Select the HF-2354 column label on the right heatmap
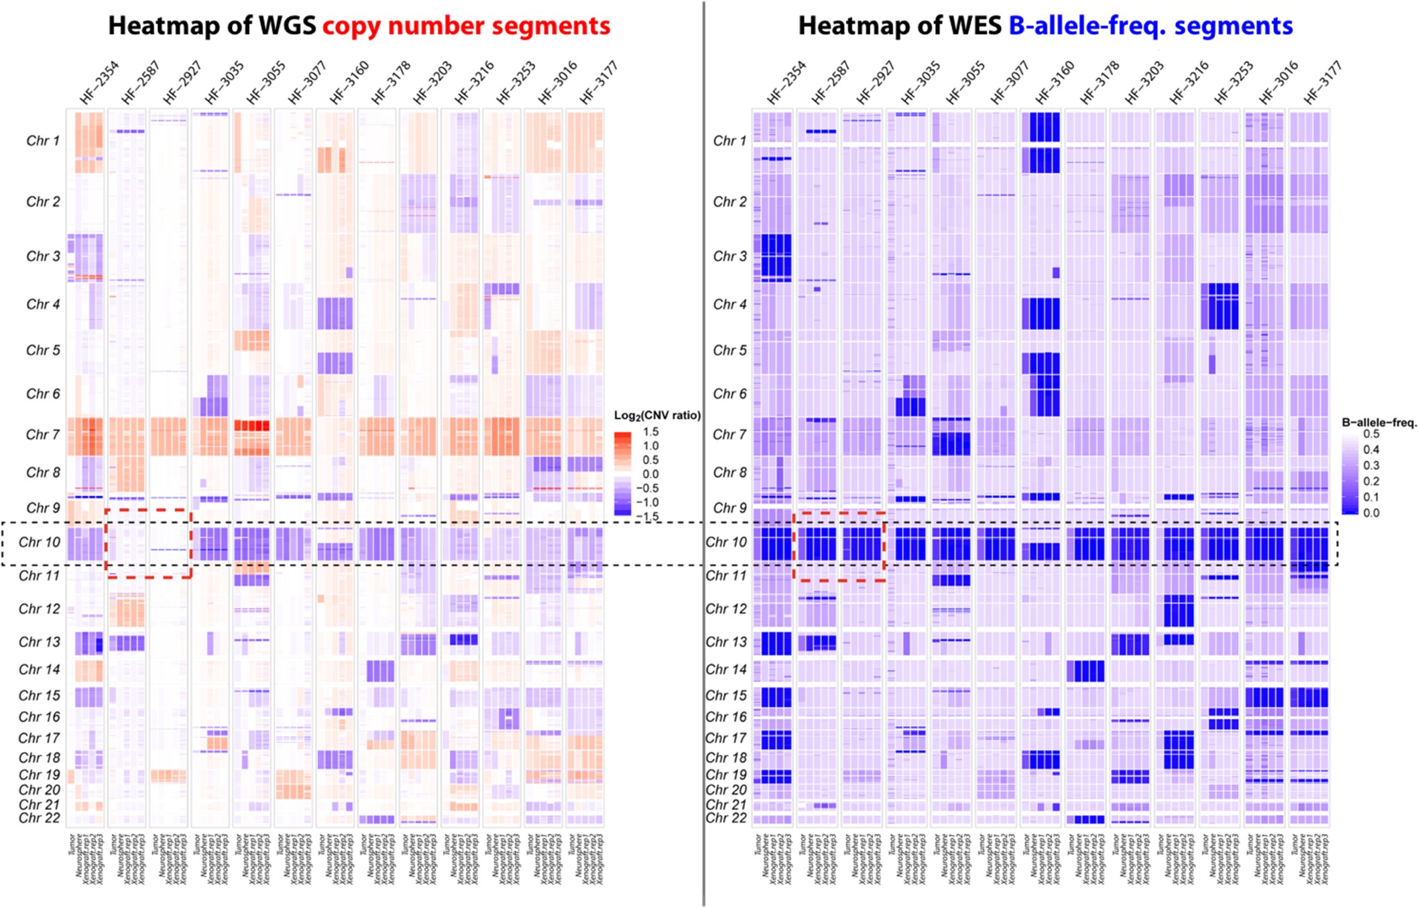click(785, 83)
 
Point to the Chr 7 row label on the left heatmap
click(43, 435)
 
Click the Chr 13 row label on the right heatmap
click(725, 642)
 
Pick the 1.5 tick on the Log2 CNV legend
click(650, 432)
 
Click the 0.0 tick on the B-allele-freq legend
click(1371, 513)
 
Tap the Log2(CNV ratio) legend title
click(657, 415)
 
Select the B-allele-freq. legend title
click(1378, 422)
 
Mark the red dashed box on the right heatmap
click(838, 513)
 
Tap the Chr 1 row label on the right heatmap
click(729, 141)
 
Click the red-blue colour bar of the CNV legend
click(623, 474)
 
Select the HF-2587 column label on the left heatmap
click(140, 83)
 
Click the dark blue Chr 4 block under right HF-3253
click(1220, 306)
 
